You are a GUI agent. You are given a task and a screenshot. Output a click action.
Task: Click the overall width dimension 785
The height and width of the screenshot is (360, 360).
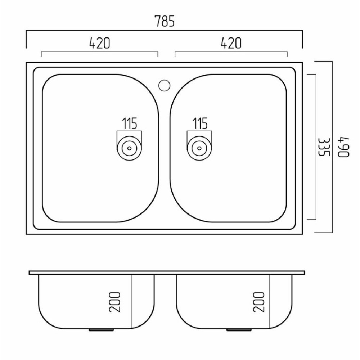point(165,21)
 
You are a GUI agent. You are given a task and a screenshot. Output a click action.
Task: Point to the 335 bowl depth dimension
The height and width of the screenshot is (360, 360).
point(324,147)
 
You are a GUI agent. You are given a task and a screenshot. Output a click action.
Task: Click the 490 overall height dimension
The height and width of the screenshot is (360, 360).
point(344,147)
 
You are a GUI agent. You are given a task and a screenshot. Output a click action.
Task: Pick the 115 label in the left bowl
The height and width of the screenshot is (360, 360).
point(130,123)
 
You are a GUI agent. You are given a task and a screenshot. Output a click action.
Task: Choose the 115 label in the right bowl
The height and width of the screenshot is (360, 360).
point(200,123)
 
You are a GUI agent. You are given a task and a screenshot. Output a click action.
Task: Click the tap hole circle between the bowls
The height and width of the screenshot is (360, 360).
point(164,85)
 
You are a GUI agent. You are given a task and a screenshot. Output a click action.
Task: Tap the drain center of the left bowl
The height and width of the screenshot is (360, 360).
point(129,148)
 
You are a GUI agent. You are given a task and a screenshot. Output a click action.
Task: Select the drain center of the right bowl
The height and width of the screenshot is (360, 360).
point(199,148)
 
